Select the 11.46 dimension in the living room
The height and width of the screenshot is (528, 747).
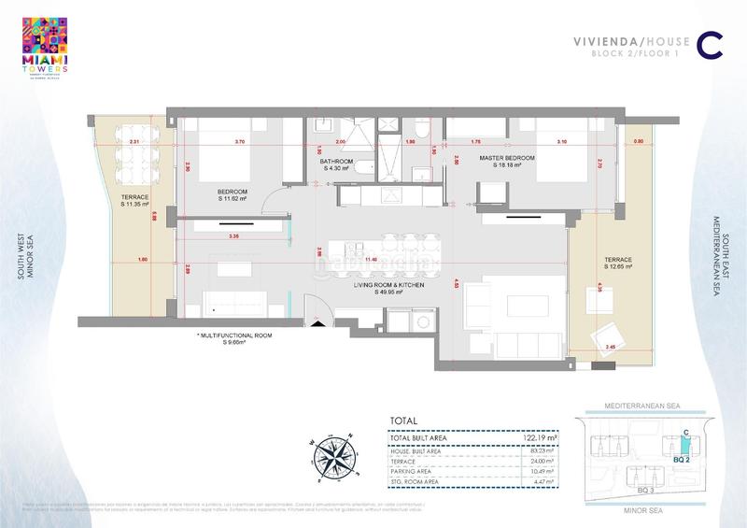[x=371, y=258]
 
